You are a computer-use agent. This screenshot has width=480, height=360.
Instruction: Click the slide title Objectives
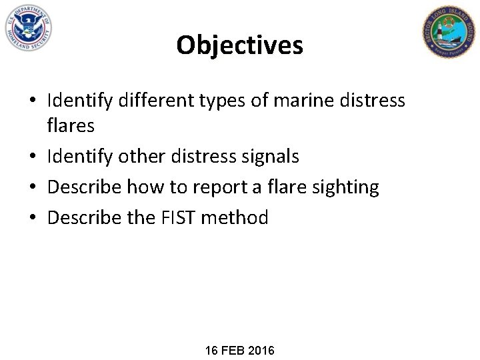pyautogui.click(x=239, y=45)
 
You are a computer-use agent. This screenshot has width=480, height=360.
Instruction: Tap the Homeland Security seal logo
pyautogui.click(x=27, y=28)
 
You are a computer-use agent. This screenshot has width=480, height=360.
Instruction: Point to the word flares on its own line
pyautogui.click(x=71, y=125)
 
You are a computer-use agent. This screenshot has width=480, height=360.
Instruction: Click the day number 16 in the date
pyautogui.click(x=213, y=350)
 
